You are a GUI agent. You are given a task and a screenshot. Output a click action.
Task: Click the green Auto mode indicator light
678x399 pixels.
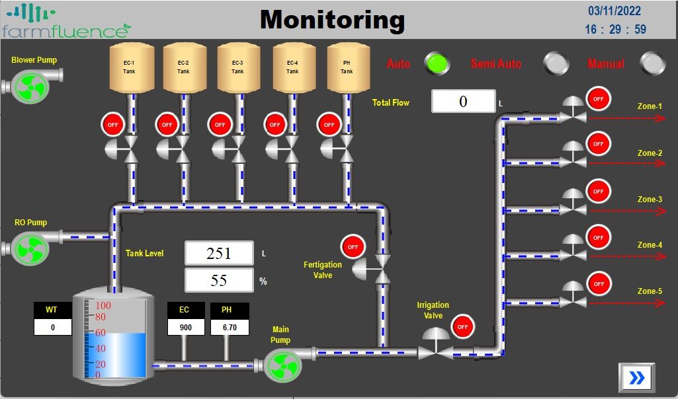coord(436,63)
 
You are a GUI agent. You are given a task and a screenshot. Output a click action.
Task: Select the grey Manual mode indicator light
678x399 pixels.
coord(652,63)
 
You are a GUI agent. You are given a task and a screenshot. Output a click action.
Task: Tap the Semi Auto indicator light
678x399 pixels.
coord(556,63)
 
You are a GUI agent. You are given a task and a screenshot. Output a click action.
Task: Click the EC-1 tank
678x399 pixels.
coord(129,67)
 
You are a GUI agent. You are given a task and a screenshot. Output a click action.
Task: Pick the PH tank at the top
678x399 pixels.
coord(347,67)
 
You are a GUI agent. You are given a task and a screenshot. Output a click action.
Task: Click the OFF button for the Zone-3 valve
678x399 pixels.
coord(598,192)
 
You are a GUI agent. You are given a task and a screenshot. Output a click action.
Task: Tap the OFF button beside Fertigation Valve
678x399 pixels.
coord(353,247)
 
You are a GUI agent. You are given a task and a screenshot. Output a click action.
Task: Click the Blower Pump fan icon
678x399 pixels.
coord(30,87)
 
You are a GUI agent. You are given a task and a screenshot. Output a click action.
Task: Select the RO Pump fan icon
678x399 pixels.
coord(30,248)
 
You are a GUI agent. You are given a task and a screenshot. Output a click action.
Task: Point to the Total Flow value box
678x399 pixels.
coord(463,101)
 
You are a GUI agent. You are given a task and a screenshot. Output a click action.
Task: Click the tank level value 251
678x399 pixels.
coord(219,253)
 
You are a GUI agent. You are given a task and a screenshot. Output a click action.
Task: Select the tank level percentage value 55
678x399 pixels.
coord(219,280)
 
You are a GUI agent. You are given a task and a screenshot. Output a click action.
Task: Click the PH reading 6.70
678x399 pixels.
coord(230,327)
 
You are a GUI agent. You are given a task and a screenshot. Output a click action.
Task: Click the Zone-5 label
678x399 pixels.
coord(650,291)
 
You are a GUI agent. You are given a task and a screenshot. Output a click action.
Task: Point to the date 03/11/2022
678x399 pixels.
coord(614,11)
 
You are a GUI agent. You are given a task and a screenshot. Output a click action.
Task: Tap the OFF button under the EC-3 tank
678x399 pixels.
coord(220,124)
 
